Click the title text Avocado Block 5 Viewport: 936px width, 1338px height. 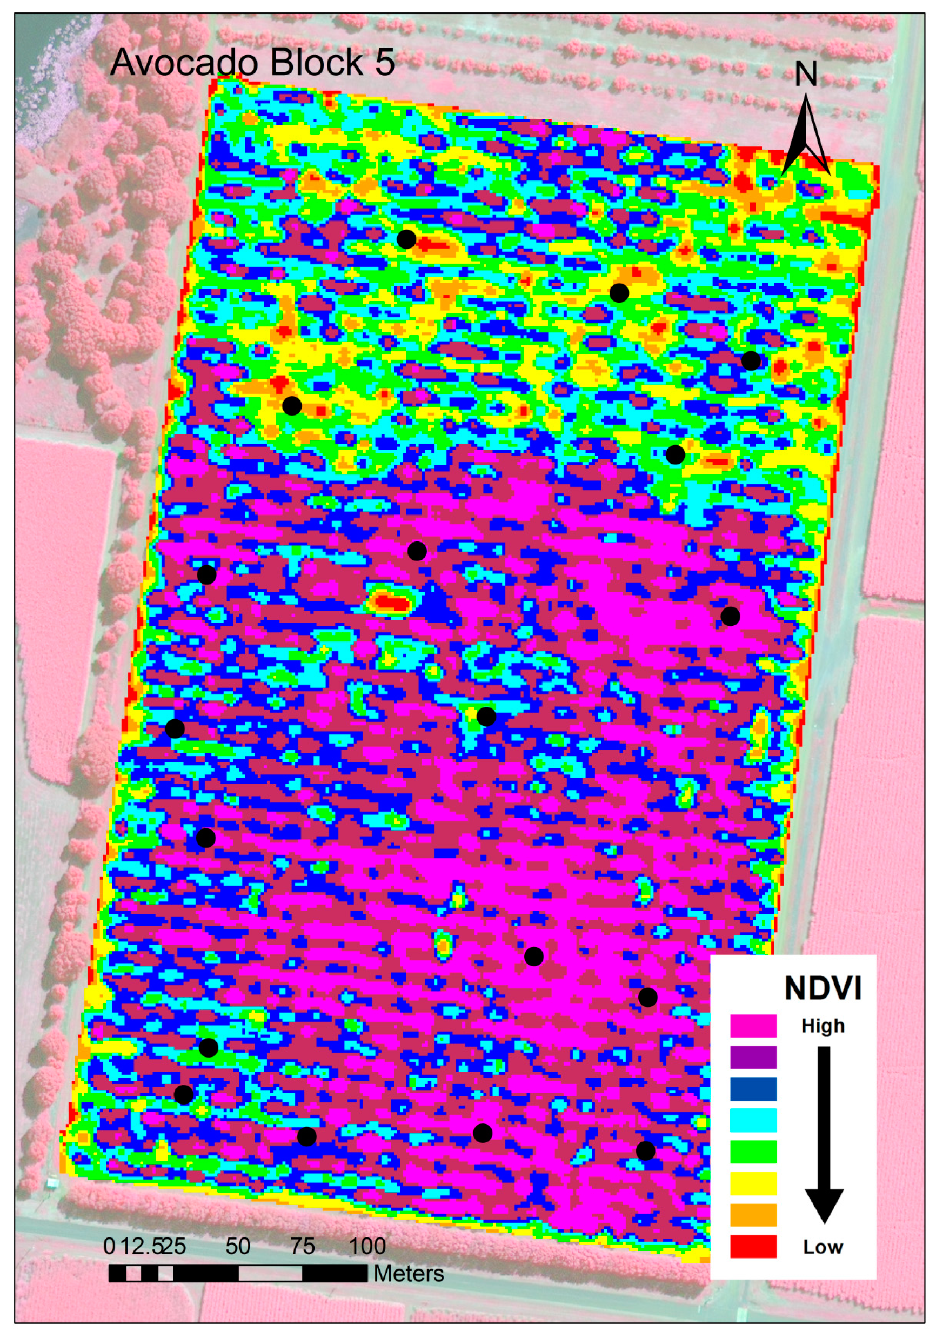(252, 63)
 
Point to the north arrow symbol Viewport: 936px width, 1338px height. (806, 137)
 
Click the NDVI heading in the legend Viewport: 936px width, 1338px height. (823, 988)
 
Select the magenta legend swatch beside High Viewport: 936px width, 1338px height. (753, 1026)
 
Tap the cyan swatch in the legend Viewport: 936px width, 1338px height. (753, 1120)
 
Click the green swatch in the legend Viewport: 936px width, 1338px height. (753, 1152)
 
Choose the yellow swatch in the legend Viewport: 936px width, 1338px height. (753, 1183)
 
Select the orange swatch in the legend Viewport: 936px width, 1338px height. (753, 1214)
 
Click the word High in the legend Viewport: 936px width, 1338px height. (823, 1026)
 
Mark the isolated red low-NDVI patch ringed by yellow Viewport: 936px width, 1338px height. (391, 601)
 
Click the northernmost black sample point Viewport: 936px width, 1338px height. (406, 239)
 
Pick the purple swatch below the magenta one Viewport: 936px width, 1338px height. (753, 1057)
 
